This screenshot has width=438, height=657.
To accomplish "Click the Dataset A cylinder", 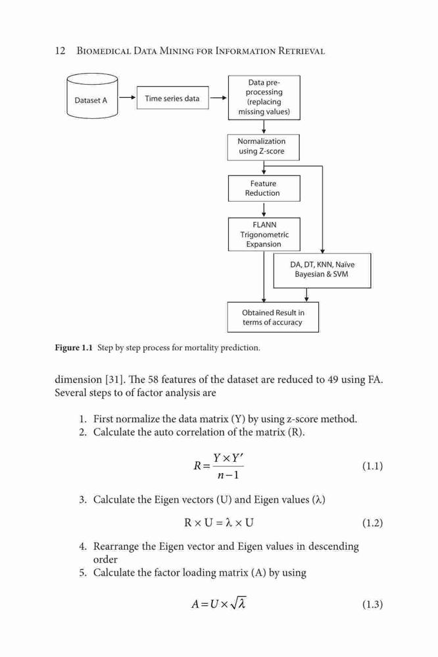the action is point(92,96).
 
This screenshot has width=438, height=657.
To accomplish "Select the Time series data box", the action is point(172,98).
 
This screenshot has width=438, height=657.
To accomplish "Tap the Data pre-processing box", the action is point(264,98).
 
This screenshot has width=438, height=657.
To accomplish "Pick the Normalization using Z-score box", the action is point(263,147).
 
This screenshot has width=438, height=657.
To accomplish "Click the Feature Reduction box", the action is point(264,188).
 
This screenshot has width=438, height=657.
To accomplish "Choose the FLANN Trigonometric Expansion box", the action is point(264,235).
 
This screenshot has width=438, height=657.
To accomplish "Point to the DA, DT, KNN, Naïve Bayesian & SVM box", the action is point(322,270).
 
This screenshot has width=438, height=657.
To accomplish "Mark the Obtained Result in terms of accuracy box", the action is point(273,317).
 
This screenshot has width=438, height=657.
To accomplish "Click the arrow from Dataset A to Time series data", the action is point(127,98).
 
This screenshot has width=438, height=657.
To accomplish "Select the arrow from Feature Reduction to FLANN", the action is point(264,210).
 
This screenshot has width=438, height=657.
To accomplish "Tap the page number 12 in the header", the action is point(60,51).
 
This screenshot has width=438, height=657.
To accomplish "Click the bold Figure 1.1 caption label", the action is point(74,348).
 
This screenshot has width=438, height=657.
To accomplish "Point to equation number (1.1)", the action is point(372,466).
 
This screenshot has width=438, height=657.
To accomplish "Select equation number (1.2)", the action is point(372,523).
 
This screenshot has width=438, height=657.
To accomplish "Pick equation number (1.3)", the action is point(372,604).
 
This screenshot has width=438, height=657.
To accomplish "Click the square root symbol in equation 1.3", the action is point(238,603).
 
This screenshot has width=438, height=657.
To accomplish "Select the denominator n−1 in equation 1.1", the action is point(228,475).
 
